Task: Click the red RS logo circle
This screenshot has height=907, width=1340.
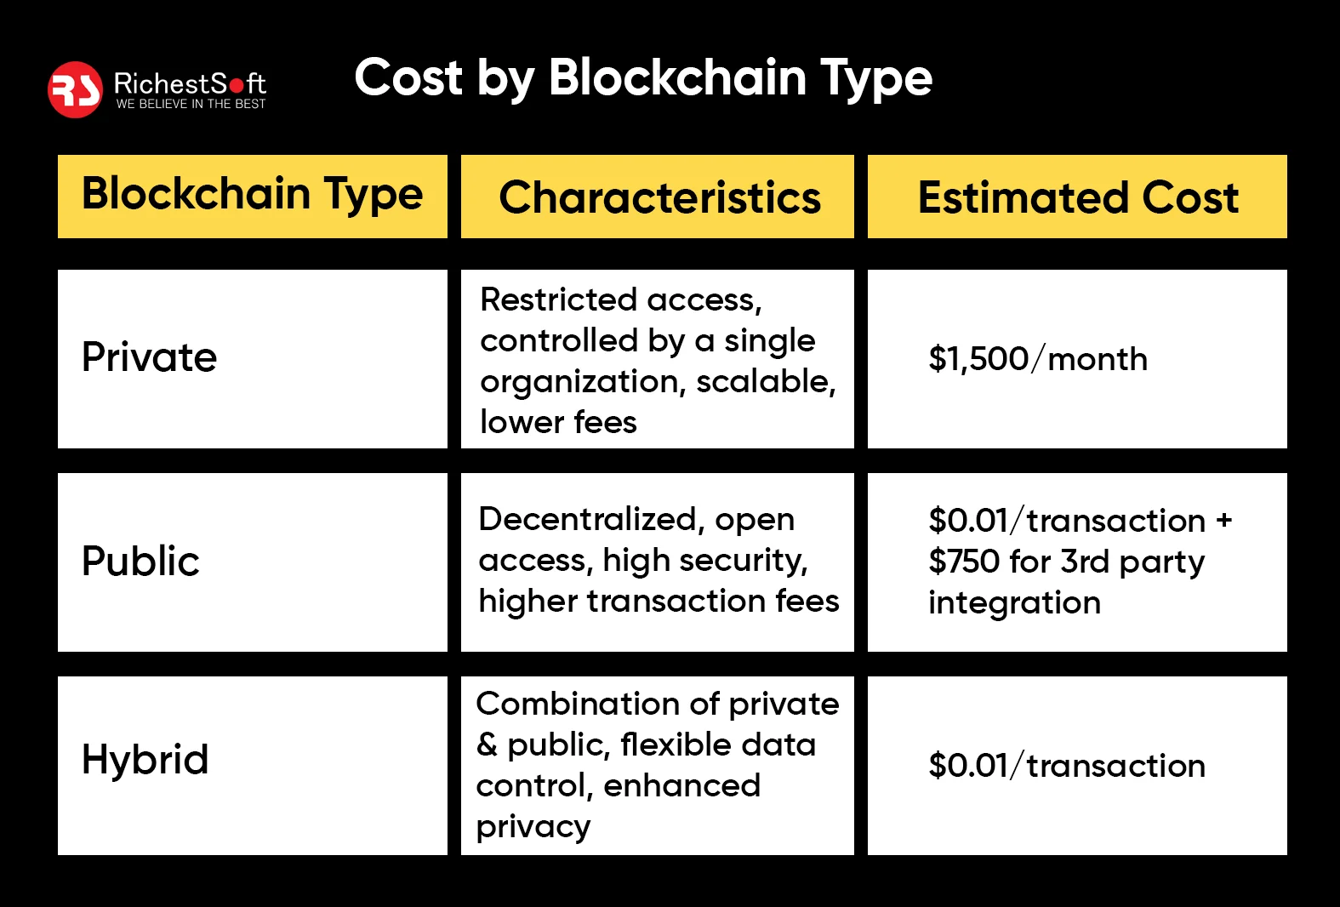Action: (75, 89)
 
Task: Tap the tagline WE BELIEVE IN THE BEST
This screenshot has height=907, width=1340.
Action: (191, 104)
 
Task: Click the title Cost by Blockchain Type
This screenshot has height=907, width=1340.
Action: (643, 78)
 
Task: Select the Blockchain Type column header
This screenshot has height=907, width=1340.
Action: (252, 195)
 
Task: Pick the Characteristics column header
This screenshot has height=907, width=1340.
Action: (659, 198)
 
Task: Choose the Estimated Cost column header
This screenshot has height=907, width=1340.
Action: (1078, 198)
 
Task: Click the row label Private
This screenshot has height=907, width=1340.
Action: (150, 357)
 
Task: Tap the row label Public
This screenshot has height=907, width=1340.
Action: (140, 562)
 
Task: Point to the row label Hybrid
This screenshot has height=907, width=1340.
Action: (145, 760)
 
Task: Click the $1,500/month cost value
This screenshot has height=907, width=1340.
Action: (1038, 359)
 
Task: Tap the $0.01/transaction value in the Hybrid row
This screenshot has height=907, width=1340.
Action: (1067, 766)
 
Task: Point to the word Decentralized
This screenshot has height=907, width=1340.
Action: (588, 519)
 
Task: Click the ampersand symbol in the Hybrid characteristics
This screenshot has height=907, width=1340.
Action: (487, 745)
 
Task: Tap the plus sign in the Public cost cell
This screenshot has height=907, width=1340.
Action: (1224, 520)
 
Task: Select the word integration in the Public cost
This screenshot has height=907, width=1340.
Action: (1014, 603)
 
